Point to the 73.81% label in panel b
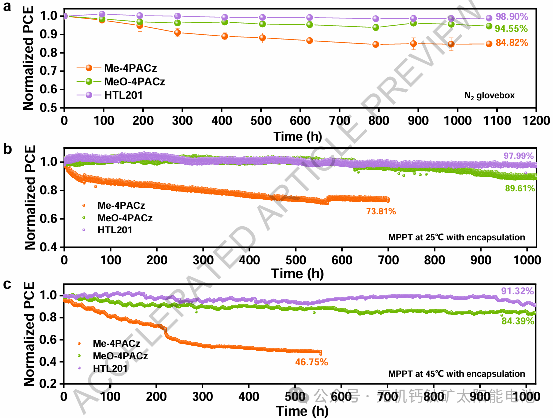381,212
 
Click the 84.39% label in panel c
518,321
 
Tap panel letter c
7,285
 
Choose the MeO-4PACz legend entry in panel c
120,356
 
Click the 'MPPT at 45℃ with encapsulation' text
456,374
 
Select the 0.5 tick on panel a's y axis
51,107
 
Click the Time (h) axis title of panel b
298,274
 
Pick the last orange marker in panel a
489,44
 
